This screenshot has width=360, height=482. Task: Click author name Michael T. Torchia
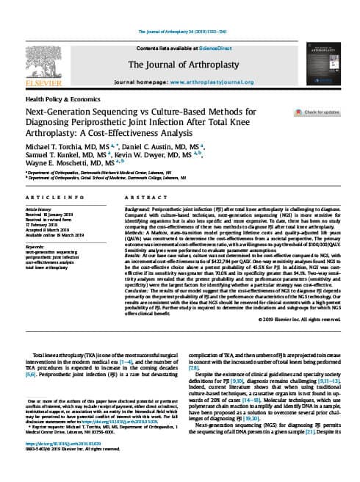coord(61,147)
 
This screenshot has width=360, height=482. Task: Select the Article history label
coord(40,209)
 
